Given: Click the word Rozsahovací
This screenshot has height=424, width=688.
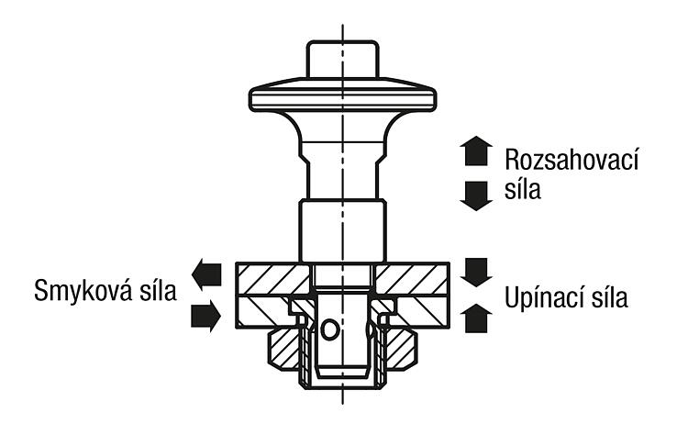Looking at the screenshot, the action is click(571, 159).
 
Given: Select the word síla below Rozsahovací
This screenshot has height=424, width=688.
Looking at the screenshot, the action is click(523, 189).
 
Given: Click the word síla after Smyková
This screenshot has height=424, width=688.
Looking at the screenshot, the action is click(157, 290).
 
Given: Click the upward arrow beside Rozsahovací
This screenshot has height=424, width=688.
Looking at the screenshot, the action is click(476, 151).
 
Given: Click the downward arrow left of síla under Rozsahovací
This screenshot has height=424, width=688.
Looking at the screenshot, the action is click(476, 195).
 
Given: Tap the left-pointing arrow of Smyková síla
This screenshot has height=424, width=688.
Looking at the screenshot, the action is click(206, 273).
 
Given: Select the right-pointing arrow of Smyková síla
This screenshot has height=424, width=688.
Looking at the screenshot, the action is click(205, 316).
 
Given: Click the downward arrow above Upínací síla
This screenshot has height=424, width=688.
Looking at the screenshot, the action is click(476, 273).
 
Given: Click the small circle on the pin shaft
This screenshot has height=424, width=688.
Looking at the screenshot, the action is click(329, 329).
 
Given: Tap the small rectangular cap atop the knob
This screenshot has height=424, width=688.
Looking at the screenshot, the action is click(343, 60).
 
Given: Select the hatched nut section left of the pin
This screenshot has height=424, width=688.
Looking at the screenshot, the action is click(284, 350).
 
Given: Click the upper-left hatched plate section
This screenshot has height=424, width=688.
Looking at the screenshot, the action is click(273, 280).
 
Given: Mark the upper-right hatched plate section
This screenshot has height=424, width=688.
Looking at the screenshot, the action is click(412, 280).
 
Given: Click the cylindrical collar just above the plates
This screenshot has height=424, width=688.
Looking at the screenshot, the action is click(343, 230).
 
